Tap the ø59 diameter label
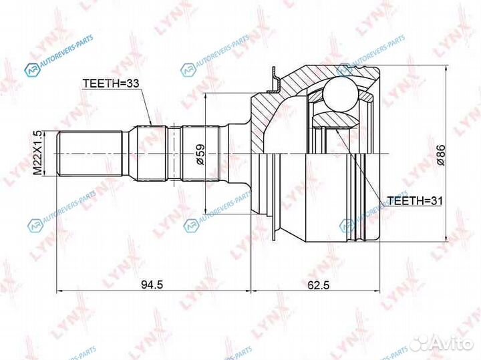[x=199, y=154]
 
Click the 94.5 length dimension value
[x=153, y=285]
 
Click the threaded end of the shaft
[x=90, y=154]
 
